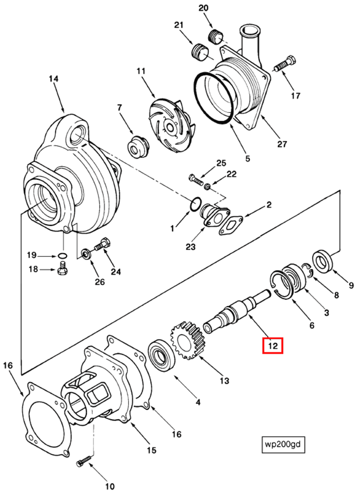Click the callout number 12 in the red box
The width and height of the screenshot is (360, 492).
pyautogui.click(x=273, y=346)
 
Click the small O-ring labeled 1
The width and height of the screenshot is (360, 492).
pyautogui.click(x=194, y=205)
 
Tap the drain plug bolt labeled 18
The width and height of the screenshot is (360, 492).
pyautogui.click(x=61, y=270)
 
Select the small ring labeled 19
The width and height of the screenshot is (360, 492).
pyautogui.click(x=62, y=256)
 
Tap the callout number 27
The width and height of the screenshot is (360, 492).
pyautogui.click(x=282, y=144)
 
